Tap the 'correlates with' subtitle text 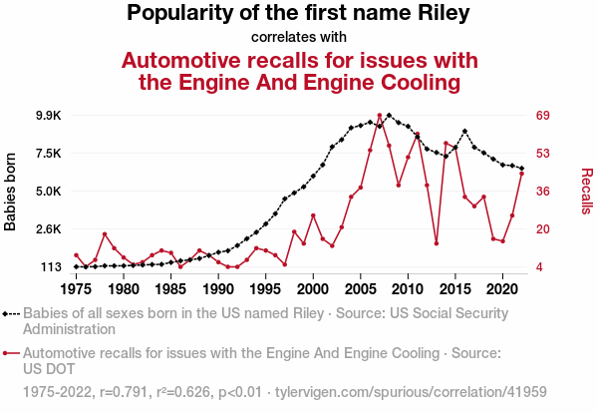coord(298,38)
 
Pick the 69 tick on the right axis coord(544,116)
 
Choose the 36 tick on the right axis coord(544,192)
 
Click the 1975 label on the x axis coord(77,289)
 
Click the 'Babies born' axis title coord(11,192)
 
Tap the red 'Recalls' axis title coord(586,192)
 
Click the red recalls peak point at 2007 coord(380,116)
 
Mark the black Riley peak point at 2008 coord(389,116)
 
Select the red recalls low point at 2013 coord(437,243)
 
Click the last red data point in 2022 coord(521,174)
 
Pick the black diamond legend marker coord(7,313)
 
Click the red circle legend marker coord(7,353)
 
